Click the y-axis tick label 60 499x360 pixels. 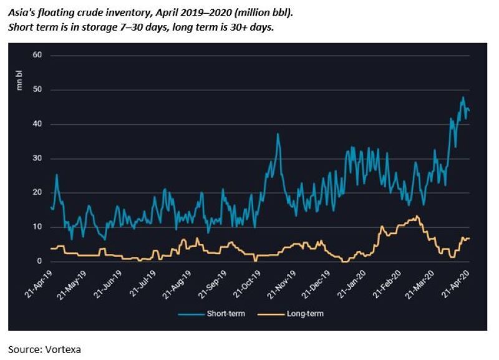(x=37, y=56)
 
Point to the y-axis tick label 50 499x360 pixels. (x=37, y=90)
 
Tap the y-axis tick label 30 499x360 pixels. (x=37, y=158)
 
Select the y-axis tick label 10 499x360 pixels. (x=37, y=227)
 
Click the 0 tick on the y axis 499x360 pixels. (x=39, y=261)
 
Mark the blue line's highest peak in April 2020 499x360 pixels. (x=462, y=97)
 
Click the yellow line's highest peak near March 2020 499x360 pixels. (x=417, y=216)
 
